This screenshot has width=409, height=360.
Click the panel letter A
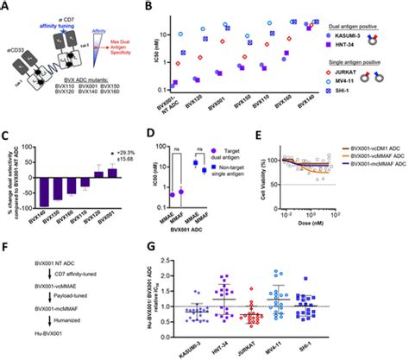point(6,6)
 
